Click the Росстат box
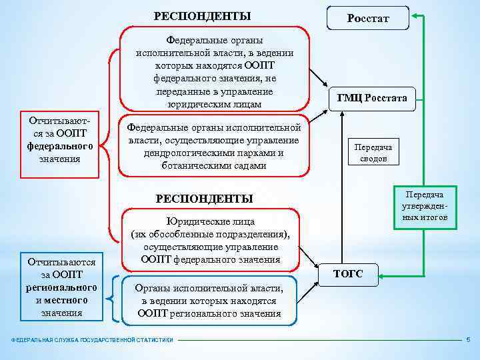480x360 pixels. [x=367, y=18]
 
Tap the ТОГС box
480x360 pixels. [x=348, y=273]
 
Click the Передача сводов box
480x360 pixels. [x=373, y=153]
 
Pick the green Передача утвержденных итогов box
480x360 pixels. [x=426, y=206]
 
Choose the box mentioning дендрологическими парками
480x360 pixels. [x=214, y=146]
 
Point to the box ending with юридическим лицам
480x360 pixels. [x=214, y=69]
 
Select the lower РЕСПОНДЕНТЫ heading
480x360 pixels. [x=204, y=198]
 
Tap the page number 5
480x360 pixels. [x=468, y=340]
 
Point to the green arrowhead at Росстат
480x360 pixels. [x=415, y=15]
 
